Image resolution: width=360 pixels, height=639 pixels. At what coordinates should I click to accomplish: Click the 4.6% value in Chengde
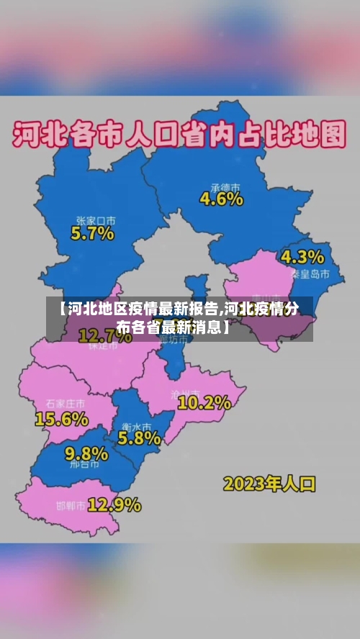(x=221, y=199)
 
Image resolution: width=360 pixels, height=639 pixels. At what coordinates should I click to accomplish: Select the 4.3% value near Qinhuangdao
(x=302, y=257)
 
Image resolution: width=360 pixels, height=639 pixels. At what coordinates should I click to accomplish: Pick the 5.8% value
(x=139, y=437)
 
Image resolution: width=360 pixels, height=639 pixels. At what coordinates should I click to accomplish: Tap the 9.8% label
(x=86, y=453)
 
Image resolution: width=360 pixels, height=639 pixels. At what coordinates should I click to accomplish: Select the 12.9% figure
(x=114, y=504)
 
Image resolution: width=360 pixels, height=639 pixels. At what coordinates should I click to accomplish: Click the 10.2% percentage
(x=204, y=402)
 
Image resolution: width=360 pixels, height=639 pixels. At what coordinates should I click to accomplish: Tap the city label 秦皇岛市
(x=310, y=274)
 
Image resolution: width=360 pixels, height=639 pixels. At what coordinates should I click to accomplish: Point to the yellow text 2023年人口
(x=269, y=483)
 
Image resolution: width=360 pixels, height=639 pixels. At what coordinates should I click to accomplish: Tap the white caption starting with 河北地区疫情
(x=179, y=318)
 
